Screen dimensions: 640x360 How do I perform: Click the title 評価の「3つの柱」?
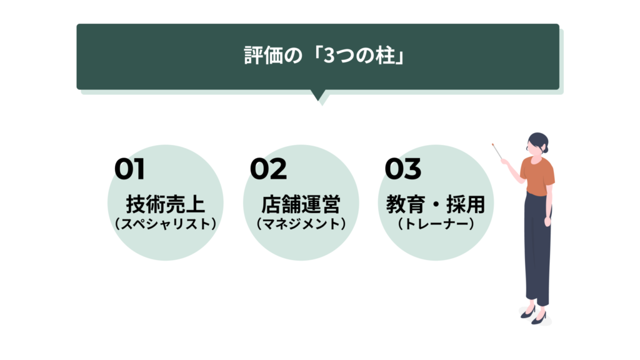(x=324, y=55)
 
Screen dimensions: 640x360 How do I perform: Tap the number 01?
(x=129, y=169)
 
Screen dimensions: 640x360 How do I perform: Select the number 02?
(x=268, y=169)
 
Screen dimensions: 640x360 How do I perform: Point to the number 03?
(x=403, y=169)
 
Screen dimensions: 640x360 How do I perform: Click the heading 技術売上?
(x=165, y=204)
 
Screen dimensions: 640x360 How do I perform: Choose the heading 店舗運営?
(x=301, y=204)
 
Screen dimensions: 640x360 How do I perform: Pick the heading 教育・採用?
(x=436, y=204)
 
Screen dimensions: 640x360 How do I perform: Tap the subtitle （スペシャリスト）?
(x=165, y=224)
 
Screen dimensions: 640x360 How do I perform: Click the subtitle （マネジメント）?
(x=301, y=224)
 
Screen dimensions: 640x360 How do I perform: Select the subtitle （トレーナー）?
(x=436, y=224)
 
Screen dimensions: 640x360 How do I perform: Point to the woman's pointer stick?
(x=497, y=151)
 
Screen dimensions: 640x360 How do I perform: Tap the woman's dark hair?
(x=539, y=141)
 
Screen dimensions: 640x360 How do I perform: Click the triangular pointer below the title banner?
(x=318, y=95)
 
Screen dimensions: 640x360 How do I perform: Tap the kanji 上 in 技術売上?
(x=195, y=204)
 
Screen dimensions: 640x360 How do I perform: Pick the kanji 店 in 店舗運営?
(x=271, y=204)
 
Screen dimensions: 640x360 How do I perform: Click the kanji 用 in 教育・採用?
(x=476, y=204)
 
